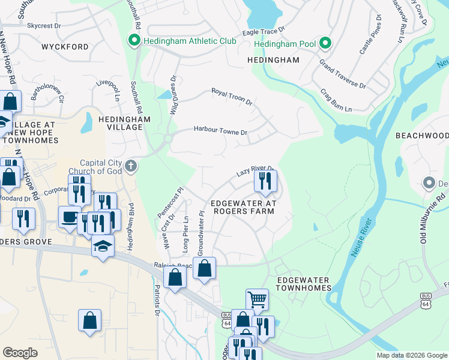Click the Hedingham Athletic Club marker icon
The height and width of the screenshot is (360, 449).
point(133,41)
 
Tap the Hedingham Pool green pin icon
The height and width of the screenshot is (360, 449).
point(325,43)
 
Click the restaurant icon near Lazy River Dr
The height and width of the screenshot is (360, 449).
point(265,181)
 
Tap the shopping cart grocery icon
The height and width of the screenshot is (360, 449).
point(257,298)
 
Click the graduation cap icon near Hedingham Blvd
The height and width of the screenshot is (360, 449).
point(103,245)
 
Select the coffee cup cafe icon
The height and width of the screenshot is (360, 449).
point(70,216)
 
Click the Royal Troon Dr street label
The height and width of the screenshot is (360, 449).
point(232,96)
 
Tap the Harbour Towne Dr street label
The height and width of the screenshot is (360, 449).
point(220,131)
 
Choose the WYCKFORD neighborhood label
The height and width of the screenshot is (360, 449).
point(65,47)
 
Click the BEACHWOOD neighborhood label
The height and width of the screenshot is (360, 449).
point(422,136)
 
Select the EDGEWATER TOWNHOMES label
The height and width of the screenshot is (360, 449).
point(304,284)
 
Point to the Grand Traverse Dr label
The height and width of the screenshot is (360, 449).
point(343,73)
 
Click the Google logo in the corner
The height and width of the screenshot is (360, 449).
point(20,352)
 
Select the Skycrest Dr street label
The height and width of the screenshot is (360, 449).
point(44,26)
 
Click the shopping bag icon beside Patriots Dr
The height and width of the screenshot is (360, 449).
point(175,278)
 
